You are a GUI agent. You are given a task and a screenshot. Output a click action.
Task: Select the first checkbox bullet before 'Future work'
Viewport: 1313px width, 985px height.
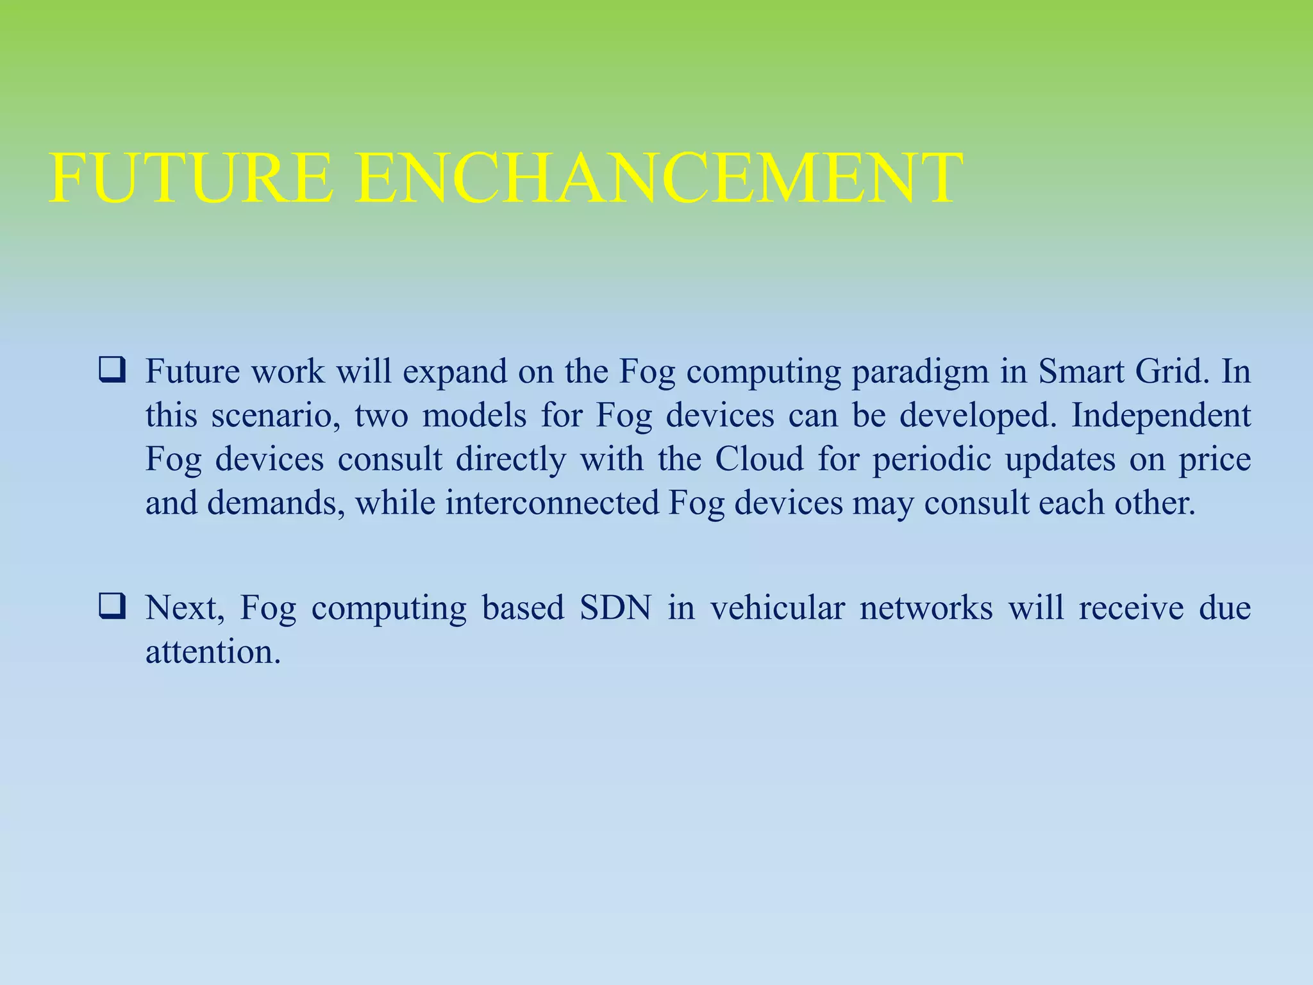pyautogui.click(x=112, y=372)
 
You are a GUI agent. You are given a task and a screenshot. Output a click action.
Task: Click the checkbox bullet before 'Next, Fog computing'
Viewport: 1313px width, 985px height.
pyautogui.click(x=112, y=607)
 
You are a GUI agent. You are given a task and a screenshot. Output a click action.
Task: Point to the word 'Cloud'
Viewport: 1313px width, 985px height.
pyautogui.click(x=759, y=459)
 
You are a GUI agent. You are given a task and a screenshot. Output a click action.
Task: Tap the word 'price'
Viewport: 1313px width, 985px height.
pyautogui.click(x=1215, y=460)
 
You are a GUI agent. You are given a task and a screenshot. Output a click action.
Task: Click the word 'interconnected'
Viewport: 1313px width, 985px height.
pyautogui.click(x=552, y=503)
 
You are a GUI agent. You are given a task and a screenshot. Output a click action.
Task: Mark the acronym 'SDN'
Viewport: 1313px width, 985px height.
pyautogui.click(x=615, y=608)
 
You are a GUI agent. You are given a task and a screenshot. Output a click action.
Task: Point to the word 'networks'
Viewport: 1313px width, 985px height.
pyautogui.click(x=926, y=608)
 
